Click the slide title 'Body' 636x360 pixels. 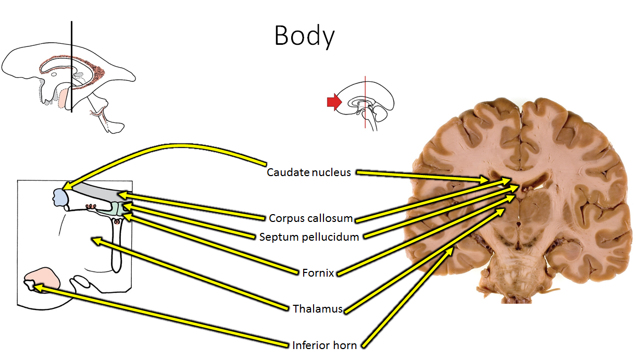click(304, 36)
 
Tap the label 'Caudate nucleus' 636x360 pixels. click(309, 172)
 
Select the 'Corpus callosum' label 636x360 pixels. click(311, 218)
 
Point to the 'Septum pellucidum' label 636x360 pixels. click(309, 237)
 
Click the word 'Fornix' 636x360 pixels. click(318, 272)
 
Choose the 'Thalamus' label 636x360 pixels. click(317, 308)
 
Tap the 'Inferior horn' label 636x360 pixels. click(324, 345)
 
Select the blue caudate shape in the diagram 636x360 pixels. click(60, 197)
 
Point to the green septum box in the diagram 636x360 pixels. click(121, 209)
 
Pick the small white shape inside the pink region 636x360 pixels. click(31, 284)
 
